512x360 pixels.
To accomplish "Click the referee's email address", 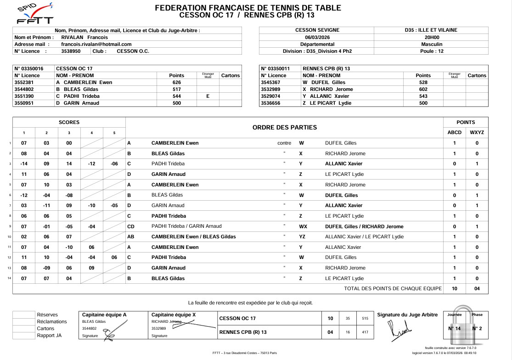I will click(x=93, y=44).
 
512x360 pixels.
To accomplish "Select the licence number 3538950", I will click(x=71, y=51).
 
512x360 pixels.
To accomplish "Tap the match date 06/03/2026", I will click(x=317, y=37).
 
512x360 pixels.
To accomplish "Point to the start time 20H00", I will click(x=431, y=37).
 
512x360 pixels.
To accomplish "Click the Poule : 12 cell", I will click(x=431, y=51).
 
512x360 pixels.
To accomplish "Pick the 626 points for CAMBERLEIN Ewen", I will click(x=176, y=83).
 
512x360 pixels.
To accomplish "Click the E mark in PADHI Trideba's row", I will click(x=208, y=96).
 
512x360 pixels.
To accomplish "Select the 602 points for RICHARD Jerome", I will click(x=423, y=90).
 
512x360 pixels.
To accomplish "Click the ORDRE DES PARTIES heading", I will click(x=285, y=127).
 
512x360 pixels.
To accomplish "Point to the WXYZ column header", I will click(x=477, y=133).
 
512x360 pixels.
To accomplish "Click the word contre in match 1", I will click(x=284, y=143).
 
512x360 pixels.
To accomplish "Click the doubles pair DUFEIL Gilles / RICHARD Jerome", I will click(x=364, y=226).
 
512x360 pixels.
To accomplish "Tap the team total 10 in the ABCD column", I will click(x=454, y=289).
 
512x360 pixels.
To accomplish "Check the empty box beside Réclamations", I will click(x=24, y=321).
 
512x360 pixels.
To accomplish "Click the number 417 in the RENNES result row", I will click(x=365, y=332).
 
